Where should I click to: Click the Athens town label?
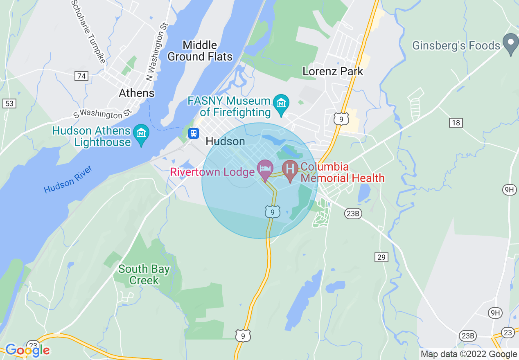pos(137,93)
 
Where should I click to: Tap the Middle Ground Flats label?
pos(200,51)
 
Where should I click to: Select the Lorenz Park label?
pos(333,71)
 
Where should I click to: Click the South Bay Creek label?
pos(144,274)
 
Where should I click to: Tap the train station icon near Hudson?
pos(193,133)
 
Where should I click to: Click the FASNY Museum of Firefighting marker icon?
pos(281,101)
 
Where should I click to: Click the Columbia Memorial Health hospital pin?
pos(290,169)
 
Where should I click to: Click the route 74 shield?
pos(81,76)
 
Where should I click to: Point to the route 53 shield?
pos(9,103)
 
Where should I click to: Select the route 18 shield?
pos(456,122)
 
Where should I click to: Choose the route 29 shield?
pos(381,257)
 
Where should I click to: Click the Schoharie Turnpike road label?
pos(88,31)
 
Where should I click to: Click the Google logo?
pos(27,350)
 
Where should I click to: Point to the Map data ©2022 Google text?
pos(469,354)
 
